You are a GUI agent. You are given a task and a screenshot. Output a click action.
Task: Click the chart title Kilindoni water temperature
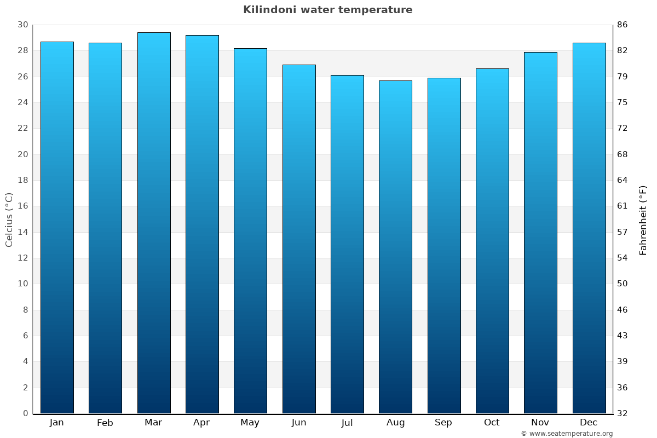coord(327,10)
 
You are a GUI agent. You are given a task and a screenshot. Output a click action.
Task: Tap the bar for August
coord(395,247)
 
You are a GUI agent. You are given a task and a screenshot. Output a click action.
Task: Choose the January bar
coord(57,227)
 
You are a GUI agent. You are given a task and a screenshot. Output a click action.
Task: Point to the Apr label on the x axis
coord(201,423)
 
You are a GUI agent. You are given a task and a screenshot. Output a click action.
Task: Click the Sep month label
coord(443,423)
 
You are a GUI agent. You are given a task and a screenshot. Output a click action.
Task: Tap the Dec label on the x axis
coord(589,423)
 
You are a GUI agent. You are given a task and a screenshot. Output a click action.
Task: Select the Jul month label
coord(347,423)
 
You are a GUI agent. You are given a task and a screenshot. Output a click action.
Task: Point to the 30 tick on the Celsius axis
coord(22,25)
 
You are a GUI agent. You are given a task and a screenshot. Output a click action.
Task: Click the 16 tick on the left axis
coord(22,206)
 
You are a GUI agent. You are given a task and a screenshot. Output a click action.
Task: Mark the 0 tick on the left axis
coord(25,413)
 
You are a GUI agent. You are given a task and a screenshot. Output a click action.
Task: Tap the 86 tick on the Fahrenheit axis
coord(623,25)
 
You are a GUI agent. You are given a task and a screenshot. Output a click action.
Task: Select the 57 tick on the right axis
coord(623,232)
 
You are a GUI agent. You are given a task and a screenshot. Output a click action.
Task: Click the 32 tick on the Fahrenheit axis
coord(623,413)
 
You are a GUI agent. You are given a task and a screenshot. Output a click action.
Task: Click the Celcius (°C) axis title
coord(9,220)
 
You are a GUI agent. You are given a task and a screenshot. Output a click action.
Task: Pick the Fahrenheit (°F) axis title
coord(643,220)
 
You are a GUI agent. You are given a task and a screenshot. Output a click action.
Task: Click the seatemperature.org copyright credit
coord(567,434)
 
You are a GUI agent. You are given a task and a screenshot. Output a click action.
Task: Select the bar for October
coord(492,241)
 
